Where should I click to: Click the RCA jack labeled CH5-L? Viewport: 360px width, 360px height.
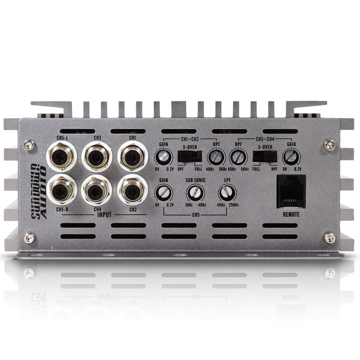coord(62,156)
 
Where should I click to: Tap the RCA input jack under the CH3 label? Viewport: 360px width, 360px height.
coord(97,156)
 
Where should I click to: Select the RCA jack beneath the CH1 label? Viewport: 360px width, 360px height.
coord(133,156)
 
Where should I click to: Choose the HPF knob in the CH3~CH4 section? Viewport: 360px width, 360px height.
coord(237,156)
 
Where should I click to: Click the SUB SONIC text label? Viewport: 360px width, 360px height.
coord(195,181)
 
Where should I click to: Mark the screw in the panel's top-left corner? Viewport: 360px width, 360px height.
coord(29,145)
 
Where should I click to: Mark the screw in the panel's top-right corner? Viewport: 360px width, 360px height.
coord(330,145)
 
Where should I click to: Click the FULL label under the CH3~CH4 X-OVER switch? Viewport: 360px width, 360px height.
coord(256,169)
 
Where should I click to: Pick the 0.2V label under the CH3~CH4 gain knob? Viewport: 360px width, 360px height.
coord(298,169)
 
